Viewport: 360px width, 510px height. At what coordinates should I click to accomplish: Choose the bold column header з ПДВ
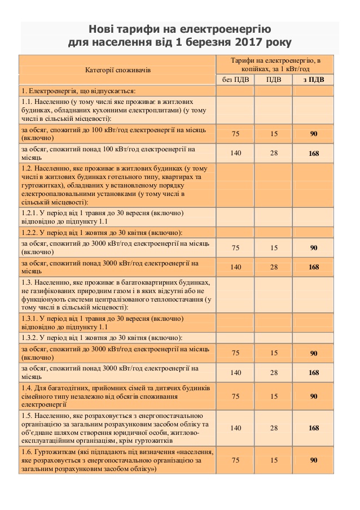pyautogui.click(x=314, y=79)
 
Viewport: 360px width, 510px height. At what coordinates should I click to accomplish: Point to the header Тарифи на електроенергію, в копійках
pyautogui.click(x=275, y=64)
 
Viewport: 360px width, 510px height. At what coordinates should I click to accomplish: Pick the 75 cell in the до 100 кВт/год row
pyautogui.click(x=235, y=133)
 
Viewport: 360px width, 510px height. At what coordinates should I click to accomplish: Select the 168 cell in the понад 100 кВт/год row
pyautogui.click(x=314, y=154)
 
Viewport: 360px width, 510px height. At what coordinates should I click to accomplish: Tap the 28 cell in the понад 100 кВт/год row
pyautogui.click(x=274, y=153)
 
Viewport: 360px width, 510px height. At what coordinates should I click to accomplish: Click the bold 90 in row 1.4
pyautogui.click(x=314, y=396)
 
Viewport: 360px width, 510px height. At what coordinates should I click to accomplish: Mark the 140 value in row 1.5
pyautogui.click(x=235, y=428)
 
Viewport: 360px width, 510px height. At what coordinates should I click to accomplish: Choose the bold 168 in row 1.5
pyautogui.click(x=314, y=428)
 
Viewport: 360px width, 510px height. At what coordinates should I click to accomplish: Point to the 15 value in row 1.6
pyautogui.click(x=274, y=460)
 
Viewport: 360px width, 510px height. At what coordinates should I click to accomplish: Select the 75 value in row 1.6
pyautogui.click(x=235, y=460)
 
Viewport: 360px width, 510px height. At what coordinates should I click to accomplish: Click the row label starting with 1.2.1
pyautogui.click(x=102, y=217)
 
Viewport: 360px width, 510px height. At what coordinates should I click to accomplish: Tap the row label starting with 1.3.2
pyautogui.click(x=102, y=338)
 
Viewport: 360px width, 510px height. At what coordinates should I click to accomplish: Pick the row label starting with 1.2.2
pyautogui.click(x=102, y=233)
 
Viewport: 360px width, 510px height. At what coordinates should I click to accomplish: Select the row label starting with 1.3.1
pyautogui.click(x=102, y=322)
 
